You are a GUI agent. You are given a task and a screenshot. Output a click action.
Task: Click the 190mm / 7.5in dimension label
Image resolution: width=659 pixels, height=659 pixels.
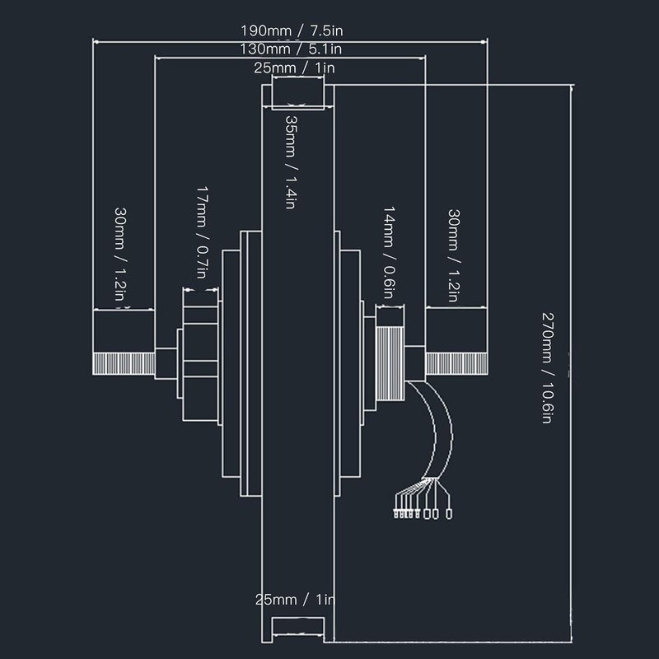click(x=292, y=30)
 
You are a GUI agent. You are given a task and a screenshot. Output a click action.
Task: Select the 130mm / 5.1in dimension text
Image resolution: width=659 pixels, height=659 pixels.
click(x=291, y=49)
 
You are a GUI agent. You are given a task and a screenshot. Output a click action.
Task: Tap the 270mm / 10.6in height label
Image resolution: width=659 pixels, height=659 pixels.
click(x=548, y=367)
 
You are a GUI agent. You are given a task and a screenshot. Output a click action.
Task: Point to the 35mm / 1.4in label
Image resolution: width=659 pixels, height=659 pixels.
click(x=292, y=161)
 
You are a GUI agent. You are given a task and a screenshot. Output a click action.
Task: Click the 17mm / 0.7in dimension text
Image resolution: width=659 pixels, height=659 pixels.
click(x=203, y=232)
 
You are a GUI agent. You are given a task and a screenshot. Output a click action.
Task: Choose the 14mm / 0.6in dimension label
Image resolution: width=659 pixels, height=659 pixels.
click(x=389, y=253)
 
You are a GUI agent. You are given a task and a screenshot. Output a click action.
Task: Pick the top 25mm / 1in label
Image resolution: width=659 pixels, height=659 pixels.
click(x=294, y=68)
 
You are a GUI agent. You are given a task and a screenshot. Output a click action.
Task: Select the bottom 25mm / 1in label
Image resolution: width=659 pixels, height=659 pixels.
click(x=295, y=600)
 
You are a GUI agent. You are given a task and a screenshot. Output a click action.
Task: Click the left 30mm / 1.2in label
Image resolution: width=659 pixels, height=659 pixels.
click(x=120, y=254)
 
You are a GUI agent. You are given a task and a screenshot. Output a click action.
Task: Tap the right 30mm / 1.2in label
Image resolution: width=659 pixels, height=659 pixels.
click(x=454, y=255)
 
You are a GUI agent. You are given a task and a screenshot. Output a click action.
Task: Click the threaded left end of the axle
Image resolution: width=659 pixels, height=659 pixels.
click(x=124, y=363)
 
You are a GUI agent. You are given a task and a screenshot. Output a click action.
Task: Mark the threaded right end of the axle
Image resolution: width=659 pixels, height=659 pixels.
click(x=456, y=363)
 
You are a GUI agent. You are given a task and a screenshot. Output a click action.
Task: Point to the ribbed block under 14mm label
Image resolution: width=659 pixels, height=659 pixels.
click(x=390, y=363)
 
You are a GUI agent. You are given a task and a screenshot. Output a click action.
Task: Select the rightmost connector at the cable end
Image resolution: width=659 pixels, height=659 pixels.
click(x=449, y=513)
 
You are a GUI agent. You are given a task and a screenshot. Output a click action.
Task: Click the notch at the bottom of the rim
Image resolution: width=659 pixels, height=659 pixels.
click(x=298, y=629)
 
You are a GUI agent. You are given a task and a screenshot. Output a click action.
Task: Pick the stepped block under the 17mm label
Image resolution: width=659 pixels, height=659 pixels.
click(x=200, y=363)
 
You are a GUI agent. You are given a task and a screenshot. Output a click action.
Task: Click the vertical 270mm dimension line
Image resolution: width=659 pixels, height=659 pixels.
click(x=571, y=363)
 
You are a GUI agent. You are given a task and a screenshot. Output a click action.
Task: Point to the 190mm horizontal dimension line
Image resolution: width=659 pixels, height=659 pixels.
click(x=290, y=42)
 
